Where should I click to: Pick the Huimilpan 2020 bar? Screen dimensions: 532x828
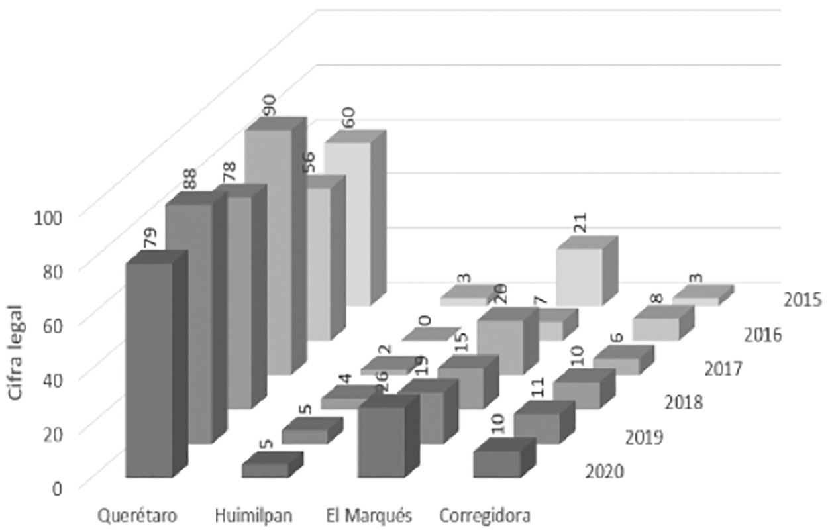(x=264, y=469)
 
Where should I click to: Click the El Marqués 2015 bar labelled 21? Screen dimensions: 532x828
(x=580, y=276)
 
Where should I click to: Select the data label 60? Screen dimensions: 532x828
(x=348, y=117)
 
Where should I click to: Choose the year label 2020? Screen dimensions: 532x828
(x=604, y=472)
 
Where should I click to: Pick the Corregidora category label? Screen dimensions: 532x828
(x=484, y=515)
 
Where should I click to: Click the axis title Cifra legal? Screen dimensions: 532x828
(x=19, y=350)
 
